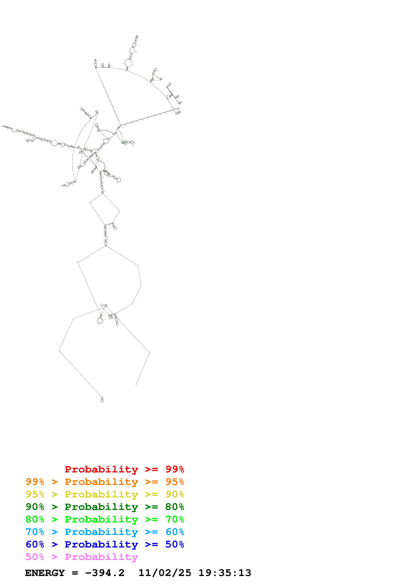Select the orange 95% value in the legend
(175, 482)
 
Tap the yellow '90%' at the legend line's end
(175, 494)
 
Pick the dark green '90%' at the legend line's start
(35, 507)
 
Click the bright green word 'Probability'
(101, 519)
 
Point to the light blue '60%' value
(175, 532)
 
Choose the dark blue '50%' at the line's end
(175, 544)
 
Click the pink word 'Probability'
(101, 557)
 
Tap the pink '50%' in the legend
(35, 557)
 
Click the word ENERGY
(45, 573)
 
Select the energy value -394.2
(105, 573)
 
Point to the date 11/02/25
(165, 573)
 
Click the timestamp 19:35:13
(225, 573)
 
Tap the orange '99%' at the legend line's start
(35, 482)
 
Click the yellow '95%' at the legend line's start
(35, 494)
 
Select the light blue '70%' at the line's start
(35, 532)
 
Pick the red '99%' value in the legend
(175, 469)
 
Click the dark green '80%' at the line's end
(175, 507)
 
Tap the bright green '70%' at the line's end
(175, 519)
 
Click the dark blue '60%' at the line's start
(35, 544)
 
